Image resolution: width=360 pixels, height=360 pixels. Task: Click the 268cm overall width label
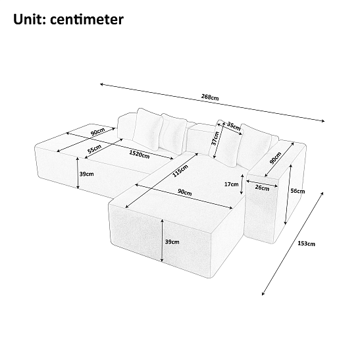[x=210, y=97]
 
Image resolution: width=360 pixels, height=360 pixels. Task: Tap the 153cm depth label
[x=306, y=244]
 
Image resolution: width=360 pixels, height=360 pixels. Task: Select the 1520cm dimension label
[x=140, y=154]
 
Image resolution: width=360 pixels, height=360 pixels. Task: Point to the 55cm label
[x=94, y=149]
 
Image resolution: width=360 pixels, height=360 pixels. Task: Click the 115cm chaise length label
[x=180, y=171]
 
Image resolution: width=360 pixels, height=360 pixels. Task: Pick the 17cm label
[x=231, y=184]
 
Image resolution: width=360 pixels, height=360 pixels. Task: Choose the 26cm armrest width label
[x=262, y=188]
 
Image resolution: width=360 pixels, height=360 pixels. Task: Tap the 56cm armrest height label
[x=297, y=191]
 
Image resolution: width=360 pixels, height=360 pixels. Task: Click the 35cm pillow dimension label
[x=234, y=126]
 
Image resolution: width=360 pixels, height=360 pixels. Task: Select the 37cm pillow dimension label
[x=215, y=138]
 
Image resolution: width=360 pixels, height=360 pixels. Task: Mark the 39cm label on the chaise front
[x=172, y=242]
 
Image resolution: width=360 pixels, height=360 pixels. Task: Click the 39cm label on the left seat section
[x=87, y=174]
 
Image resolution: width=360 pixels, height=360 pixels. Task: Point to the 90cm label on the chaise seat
[x=184, y=192]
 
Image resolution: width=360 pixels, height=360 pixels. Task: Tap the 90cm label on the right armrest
[x=275, y=158]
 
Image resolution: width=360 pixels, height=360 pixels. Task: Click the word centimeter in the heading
[x=87, y=19]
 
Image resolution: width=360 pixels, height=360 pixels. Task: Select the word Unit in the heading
[x=30, y=19]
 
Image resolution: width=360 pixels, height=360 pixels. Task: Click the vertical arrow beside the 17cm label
[x=242, y=184]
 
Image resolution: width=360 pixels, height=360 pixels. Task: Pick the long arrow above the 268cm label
[x=212, y=103]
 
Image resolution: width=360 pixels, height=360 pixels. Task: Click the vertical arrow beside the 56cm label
[x=288, y=194]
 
